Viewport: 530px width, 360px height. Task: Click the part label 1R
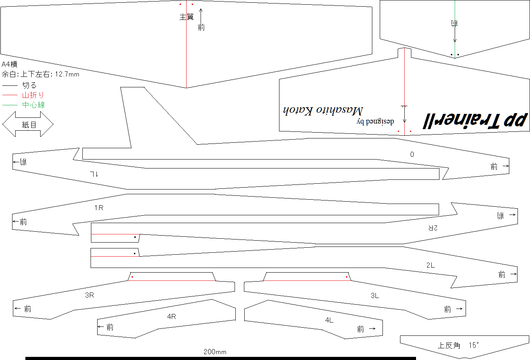(99, 207)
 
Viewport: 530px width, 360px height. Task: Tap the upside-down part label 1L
(94, 174)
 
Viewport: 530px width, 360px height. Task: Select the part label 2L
(430, 265)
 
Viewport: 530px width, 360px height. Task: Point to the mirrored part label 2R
(433, 228)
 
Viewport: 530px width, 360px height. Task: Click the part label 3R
(89, 295)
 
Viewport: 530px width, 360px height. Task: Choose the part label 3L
(375, 295)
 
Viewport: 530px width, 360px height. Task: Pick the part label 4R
(172, 316)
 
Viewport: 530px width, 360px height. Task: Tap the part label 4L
(329, 320)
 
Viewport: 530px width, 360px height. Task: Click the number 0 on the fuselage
(412, 154)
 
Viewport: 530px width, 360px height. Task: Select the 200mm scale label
(215, 352)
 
